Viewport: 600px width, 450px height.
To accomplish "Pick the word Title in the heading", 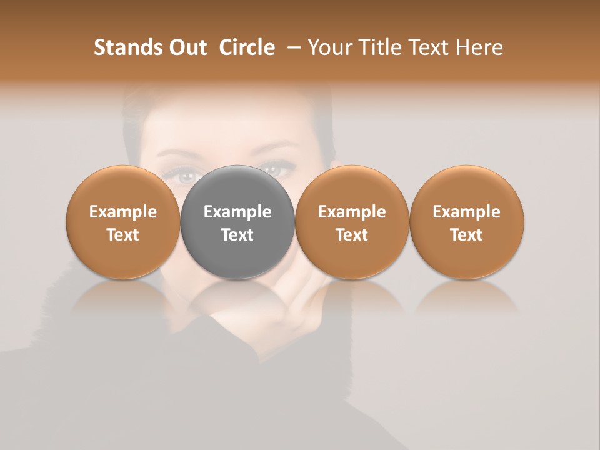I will pyautogui.click(x=375, y=47).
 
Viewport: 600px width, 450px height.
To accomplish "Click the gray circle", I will pyautogui.click(x=237, y=187).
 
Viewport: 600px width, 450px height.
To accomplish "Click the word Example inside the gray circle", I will pyautogui.click(x=237, y=212).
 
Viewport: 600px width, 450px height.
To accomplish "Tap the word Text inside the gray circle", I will pyautogui.click(x=237, y=235).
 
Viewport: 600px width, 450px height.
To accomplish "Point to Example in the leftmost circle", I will pyautogui.click(x=122, y=212).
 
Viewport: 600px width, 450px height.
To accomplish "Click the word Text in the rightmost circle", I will pyautogui.click(x=466, y=235).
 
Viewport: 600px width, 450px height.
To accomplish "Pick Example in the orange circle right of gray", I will pyautogui.click(x=352, y=212).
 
